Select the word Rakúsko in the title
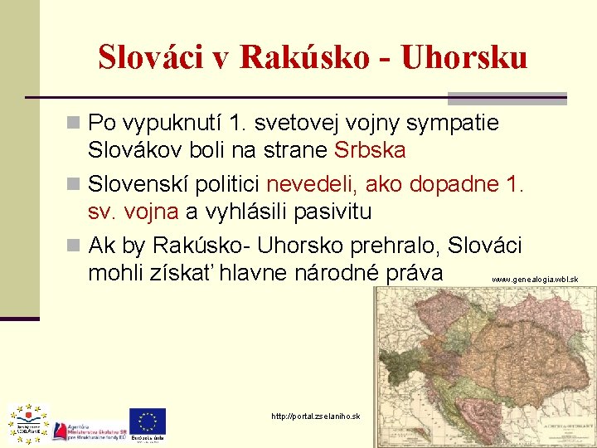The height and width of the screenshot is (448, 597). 306,57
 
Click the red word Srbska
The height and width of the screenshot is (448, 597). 370,151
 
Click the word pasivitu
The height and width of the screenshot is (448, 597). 328,212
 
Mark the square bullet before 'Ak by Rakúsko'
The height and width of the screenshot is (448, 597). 75,246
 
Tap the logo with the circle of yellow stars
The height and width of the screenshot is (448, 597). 29,422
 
